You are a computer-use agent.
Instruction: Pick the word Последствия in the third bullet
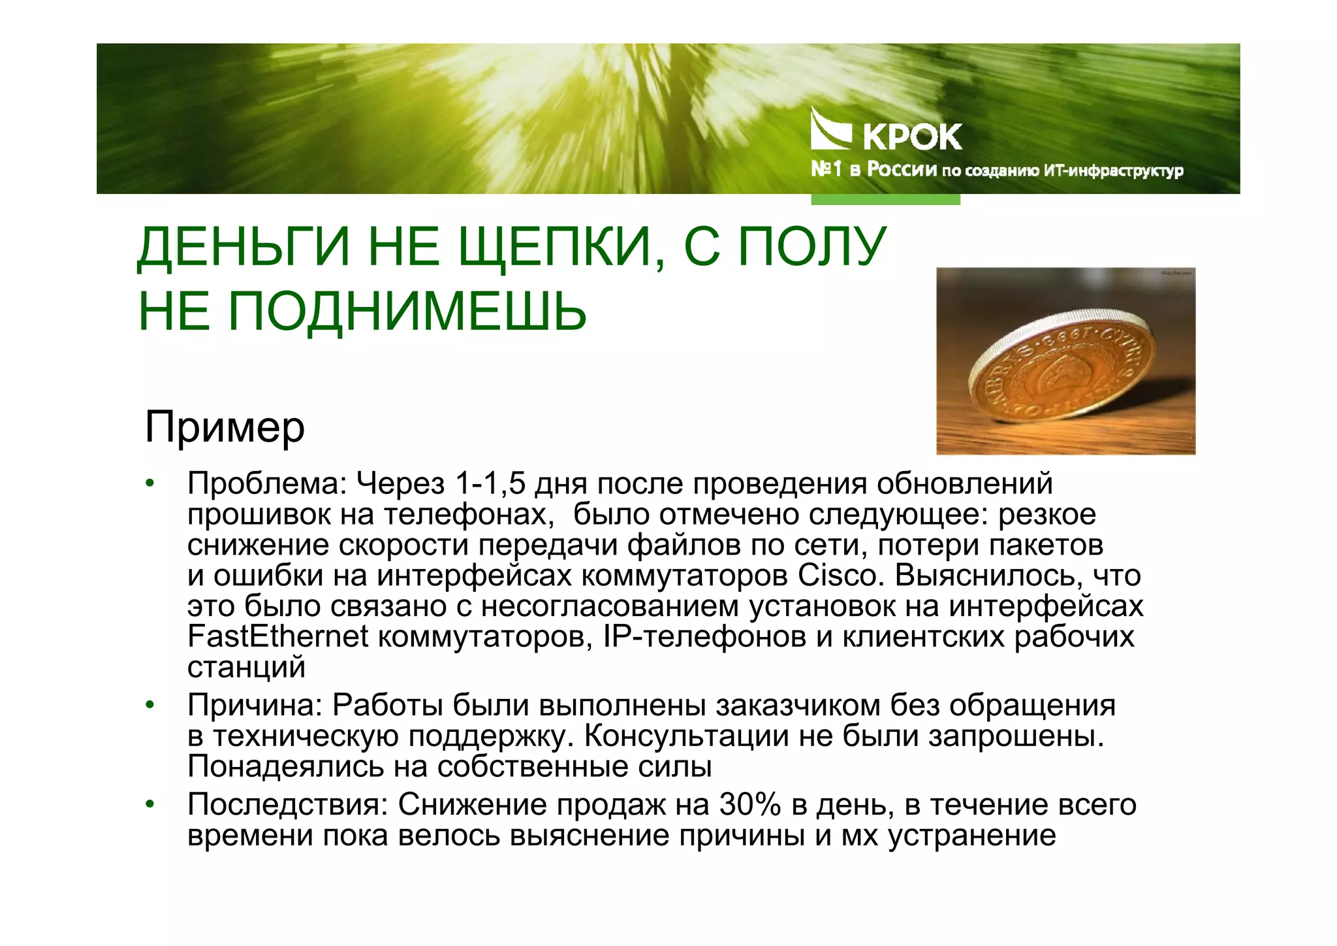tap(287, 805)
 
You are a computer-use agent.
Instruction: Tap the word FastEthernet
tap(277, 637)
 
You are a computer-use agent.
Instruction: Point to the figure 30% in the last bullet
tap(750, 805)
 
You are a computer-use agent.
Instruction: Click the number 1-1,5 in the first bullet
tap(490, 484)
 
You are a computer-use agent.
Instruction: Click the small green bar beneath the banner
tap(885, 199)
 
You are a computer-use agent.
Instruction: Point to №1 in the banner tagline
tap(826, 170)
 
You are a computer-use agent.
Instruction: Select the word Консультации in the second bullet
tap(686, 736)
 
